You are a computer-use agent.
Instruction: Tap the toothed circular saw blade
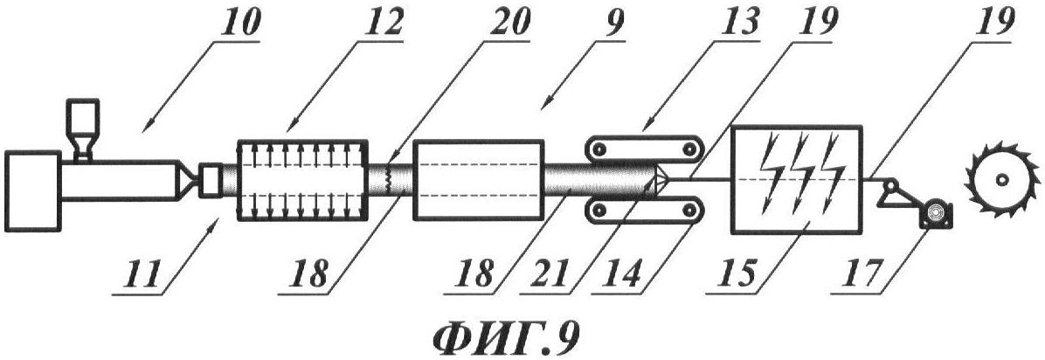click(x=1002, y=179)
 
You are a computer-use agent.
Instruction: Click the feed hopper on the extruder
click(x=83, y=130)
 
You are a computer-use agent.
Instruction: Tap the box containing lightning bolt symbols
click(x=797, y=178)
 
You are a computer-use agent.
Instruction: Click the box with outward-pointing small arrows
click(x=302, y=179)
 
